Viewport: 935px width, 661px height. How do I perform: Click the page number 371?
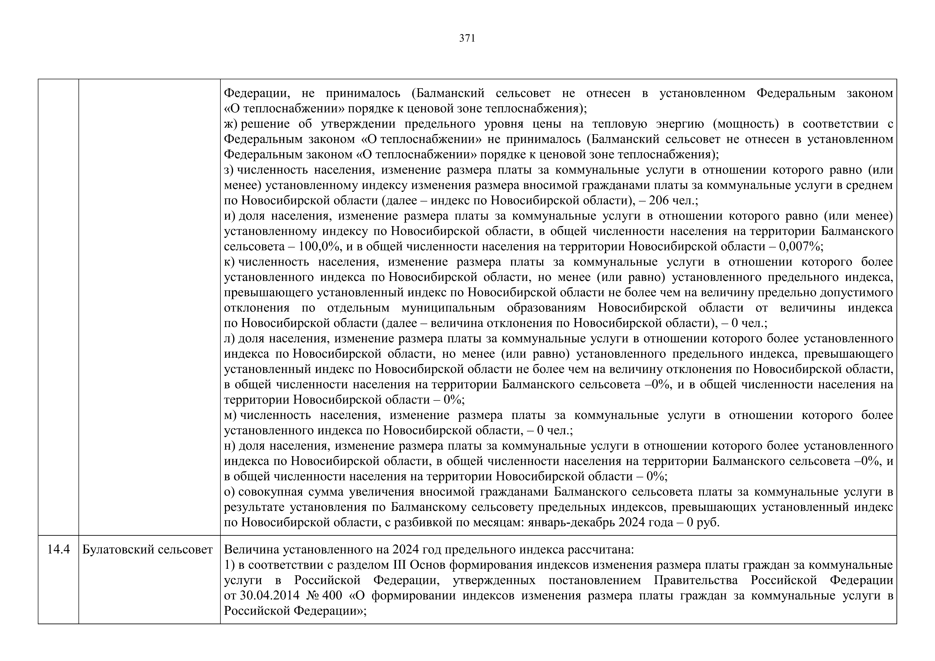coord(467,38)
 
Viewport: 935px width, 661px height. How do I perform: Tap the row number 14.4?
coord(58,550)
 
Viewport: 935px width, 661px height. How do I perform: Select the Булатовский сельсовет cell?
coord(147,550)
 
